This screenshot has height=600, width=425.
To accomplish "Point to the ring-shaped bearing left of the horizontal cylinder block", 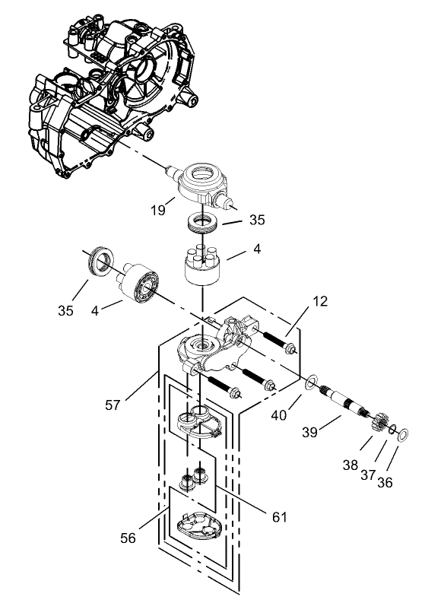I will (100, 260).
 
